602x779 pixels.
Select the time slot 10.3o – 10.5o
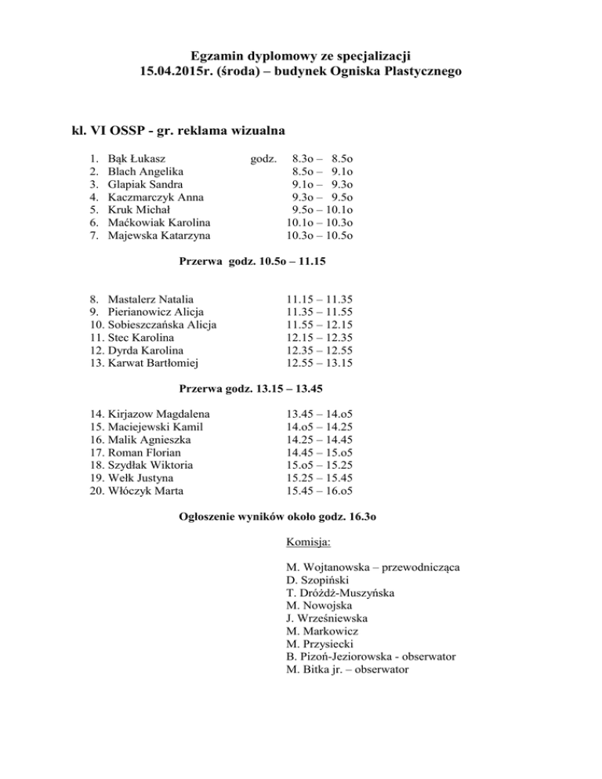[319, 234]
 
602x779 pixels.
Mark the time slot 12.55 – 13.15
[320, 363]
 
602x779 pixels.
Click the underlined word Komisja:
[309, 542]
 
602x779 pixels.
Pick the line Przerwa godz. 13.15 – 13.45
[263, 388]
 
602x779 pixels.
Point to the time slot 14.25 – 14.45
[320, 440]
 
